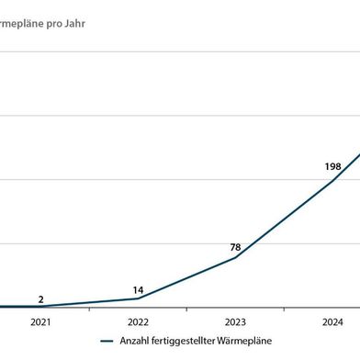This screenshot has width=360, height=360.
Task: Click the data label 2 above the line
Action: coord(40,298)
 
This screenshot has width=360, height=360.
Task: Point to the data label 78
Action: coord(235,247)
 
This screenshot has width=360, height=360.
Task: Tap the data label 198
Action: coord(332,166)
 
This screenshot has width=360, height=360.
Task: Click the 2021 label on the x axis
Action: coord(40,322)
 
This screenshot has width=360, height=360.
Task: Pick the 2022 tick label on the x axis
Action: coord(138,322)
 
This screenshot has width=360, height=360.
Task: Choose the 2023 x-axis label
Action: coord(235,322)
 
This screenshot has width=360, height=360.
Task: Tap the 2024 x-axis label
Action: coord(332,322)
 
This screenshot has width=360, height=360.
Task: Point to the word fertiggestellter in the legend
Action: coord(188,341)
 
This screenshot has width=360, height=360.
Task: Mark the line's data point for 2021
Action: coord(40,307)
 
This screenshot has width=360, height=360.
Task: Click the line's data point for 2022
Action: coord(138,298)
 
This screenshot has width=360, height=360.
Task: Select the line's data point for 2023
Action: coord(235,257)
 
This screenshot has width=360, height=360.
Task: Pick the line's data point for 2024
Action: coord(332,180)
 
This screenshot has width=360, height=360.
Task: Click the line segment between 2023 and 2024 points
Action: coord(284,219)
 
